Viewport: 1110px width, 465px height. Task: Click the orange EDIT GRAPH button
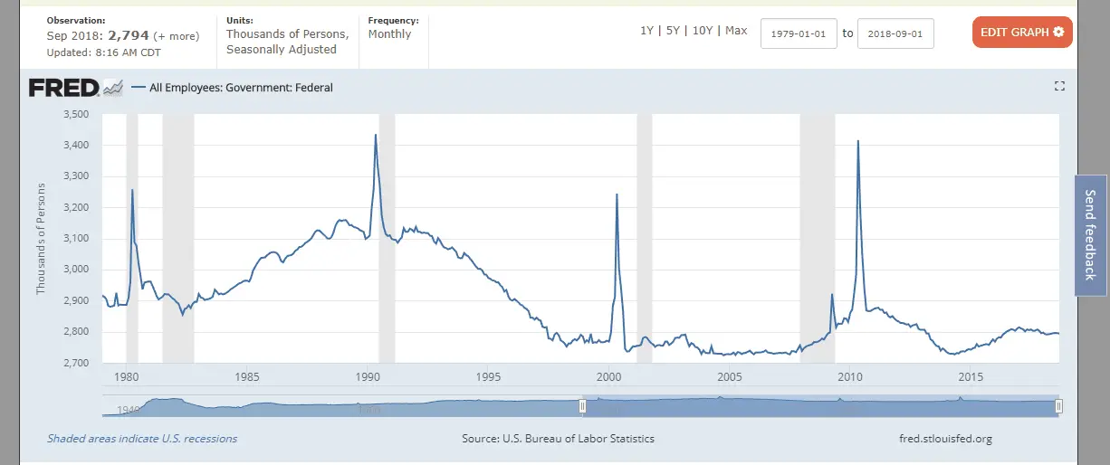[x=1022, y=33]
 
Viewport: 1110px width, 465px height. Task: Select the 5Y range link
[x=673, y=31]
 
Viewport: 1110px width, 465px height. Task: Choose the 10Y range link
[x=703, y=31]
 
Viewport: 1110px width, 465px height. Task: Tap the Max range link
[x=736, y=31]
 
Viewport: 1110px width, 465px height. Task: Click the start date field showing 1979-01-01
[x=799, y=33]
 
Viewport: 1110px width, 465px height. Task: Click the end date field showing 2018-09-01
[x=895, y=33]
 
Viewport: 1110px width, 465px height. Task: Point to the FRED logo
[x=63, y=88]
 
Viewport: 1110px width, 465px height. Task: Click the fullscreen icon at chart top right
[x=1059, y=86]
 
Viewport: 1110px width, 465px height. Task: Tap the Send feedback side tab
[x=1090, y=235]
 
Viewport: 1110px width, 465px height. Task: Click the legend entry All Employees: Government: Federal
[x=240, y=88]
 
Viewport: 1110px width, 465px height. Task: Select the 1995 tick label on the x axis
[x=488, y=376]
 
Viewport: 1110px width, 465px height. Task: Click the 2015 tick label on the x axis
[x=971, y=376]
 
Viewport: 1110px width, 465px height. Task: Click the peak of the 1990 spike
[x=376, y=135]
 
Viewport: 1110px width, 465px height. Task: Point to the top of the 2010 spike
[x=857, y=141]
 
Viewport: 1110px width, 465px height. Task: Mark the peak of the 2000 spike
[x=617, y=195]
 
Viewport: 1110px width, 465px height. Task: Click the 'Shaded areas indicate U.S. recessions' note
[x=142, y=439]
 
